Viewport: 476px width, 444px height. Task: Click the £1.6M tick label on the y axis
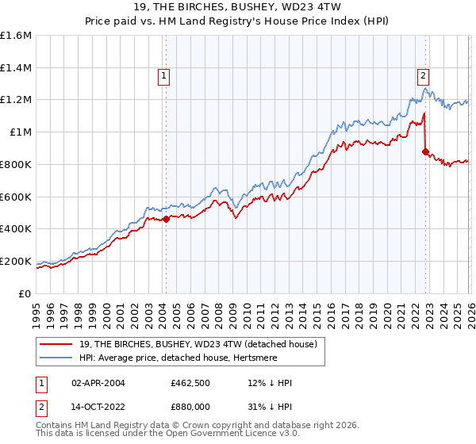pos(16,36)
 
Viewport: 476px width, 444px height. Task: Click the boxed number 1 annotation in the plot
pos(163,76)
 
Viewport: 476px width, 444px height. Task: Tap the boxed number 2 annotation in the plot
pos(423,76)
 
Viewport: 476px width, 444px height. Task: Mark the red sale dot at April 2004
pos(166,220)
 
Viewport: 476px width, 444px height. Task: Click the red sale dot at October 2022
pos(426,151)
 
